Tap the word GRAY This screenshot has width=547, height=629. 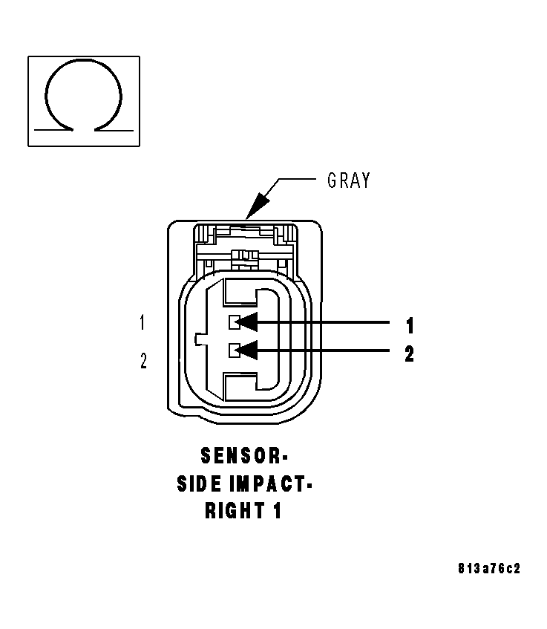348,180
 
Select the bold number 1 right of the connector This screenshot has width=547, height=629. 409,325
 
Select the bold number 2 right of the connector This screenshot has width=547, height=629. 409,353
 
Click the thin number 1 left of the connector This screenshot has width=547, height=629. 143,323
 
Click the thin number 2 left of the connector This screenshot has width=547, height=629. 143,362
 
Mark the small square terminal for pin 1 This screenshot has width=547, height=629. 233,322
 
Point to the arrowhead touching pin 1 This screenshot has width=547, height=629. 248,322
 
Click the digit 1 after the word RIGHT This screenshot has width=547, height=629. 277,512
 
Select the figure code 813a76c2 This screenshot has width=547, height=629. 488,570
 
